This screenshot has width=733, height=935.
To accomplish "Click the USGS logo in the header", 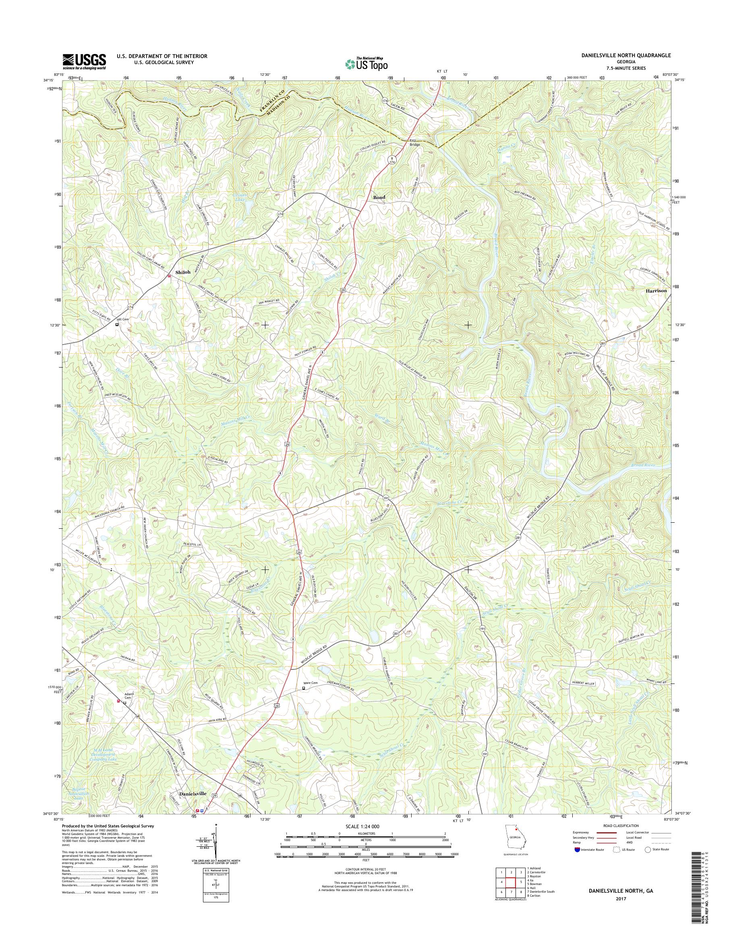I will click(84, 61).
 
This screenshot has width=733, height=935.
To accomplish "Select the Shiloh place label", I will click(183, 272).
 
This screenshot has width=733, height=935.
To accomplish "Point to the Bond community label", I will click(379, 197).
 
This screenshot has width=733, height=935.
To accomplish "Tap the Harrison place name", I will click(656, 291).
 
